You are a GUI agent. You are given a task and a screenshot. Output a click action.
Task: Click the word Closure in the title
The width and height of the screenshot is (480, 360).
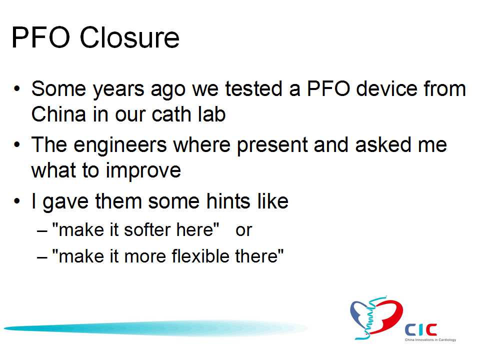tap(129, 37)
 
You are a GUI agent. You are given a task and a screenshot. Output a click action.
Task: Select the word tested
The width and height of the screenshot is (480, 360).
tap(254, 89)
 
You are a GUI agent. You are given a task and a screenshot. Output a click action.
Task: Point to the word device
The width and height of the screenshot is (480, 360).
tap(387, 89)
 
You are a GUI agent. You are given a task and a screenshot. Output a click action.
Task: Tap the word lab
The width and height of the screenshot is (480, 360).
tap(211, 114)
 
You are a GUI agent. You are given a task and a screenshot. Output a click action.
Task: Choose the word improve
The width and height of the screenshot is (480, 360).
tap(143, 171)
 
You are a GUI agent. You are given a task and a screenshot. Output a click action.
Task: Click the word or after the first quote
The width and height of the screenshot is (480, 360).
tap(243, 230)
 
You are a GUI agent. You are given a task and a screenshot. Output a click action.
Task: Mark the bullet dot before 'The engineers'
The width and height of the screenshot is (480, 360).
tap(17, 144)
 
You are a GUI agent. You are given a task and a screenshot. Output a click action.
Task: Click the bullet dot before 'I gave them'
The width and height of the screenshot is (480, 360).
tap(17, 201)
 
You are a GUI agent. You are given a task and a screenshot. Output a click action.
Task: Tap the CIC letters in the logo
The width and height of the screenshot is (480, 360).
tap(421, 330)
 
